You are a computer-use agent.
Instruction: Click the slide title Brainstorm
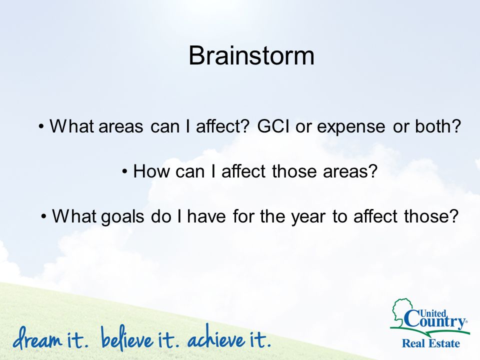[x=251, y=55]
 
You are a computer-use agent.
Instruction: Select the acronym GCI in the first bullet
[x=273, y=126]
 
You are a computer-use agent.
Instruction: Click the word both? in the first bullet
[x=438, y=126]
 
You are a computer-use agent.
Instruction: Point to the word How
[x=151, y=171]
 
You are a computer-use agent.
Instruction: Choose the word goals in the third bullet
[x=122, y=217]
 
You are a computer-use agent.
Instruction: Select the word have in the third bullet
[x=206, y=216]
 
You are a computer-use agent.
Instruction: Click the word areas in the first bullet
[x=120, y=126]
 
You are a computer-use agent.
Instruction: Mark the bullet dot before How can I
[x=124, y=171]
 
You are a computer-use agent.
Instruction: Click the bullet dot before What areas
[x=41, y=126]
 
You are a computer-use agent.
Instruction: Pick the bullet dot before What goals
[x=44, y=216]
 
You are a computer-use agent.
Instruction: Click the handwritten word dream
[x=37, y=338]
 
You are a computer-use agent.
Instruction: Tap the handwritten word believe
[x=126, y=338]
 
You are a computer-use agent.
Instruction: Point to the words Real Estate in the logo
[x=430, y=343]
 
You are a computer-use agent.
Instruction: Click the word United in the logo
[x=433, y=313]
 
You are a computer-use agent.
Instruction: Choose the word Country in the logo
[x=435, y=321]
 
